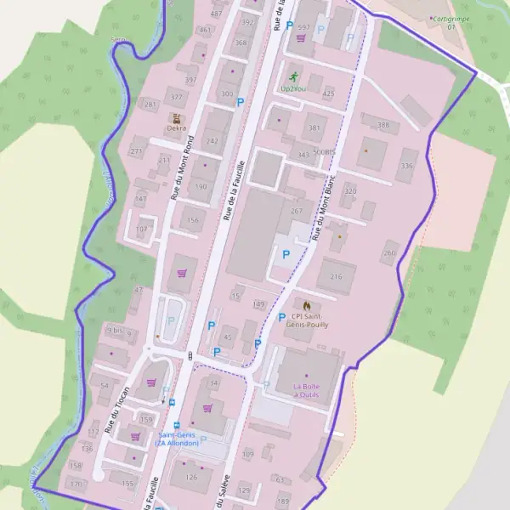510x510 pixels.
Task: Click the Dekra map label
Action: point(177,128)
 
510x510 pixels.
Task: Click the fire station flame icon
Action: point(306,305)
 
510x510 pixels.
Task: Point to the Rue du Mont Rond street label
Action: point(182,167)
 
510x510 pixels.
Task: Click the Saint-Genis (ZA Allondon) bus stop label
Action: point(177,439)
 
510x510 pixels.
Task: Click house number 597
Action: point(303,27)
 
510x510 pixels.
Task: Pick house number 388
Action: point(383,125)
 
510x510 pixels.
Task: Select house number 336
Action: point(407,166)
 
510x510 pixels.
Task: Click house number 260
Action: point(390,252)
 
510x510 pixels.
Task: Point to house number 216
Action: point(337,276)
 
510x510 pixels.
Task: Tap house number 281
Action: point(151,105)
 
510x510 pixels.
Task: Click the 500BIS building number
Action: point(324,151)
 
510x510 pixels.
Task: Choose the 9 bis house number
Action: point(115,330)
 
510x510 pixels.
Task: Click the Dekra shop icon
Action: point(177,118)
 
